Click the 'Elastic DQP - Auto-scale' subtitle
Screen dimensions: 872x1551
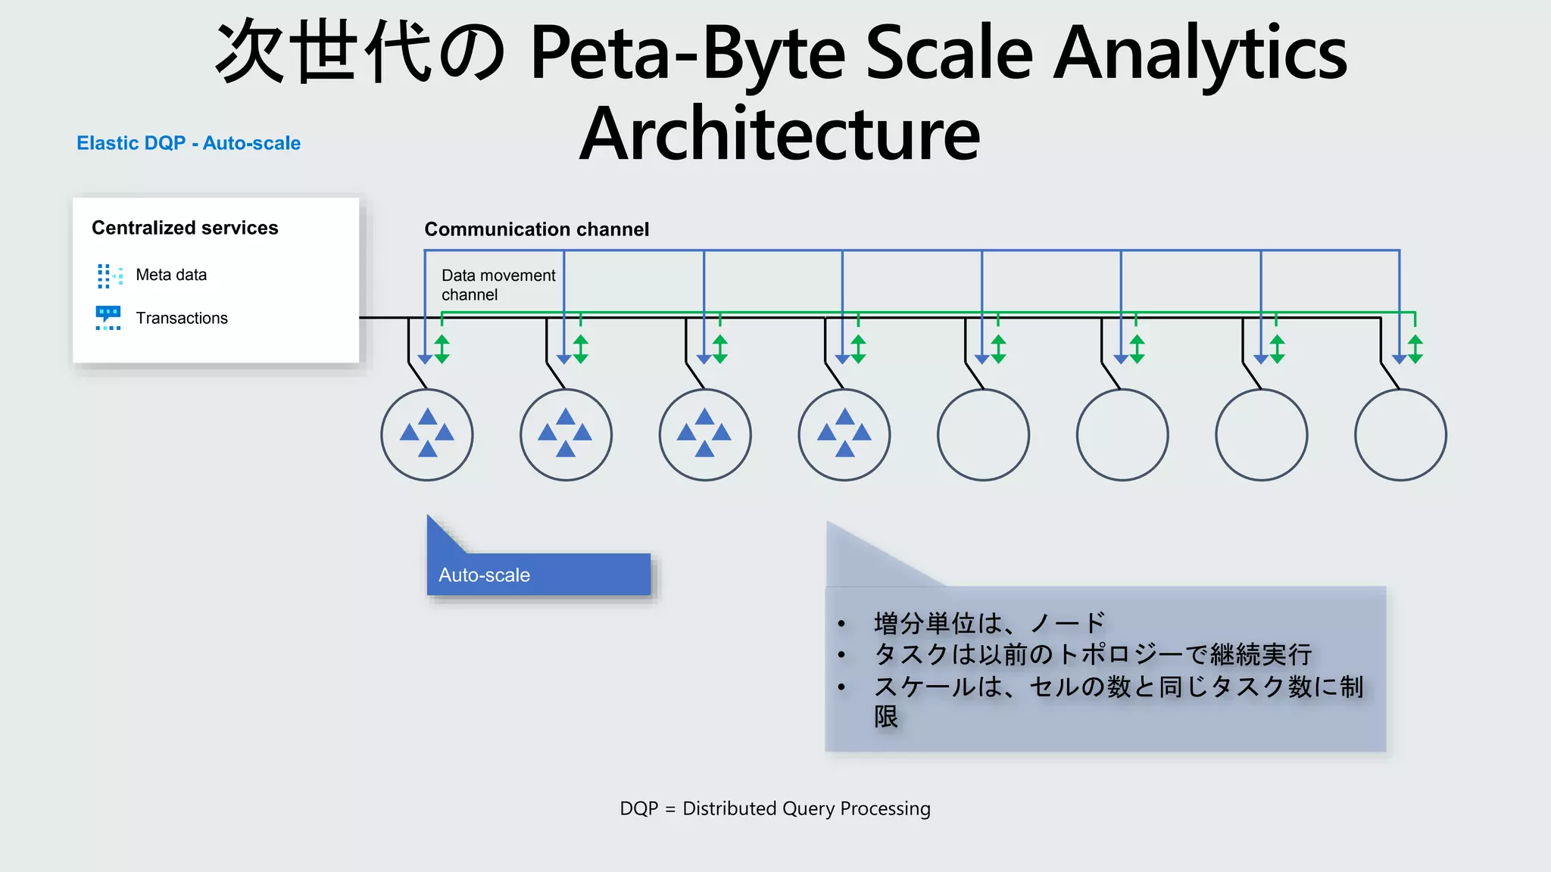pos(189,143)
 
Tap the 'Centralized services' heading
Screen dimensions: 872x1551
pos(185,228)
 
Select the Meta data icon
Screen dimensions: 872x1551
pos(109,276)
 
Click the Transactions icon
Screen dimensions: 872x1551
pos(108,318)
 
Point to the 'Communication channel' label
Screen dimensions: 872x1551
pos(536,229)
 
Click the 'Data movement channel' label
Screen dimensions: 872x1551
pos(498,285)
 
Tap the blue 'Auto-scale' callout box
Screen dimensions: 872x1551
pos(538,575)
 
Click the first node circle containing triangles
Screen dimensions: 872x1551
pos(427,434)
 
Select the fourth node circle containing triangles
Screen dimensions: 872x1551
pos(844,434)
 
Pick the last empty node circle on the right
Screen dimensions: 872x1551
pos(1400,434)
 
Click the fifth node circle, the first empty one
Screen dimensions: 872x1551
pos(983,434)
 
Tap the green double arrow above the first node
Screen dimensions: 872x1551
pos(442,349)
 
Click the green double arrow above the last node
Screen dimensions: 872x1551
pos(1415,349)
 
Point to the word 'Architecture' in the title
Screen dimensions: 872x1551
pos(779,134)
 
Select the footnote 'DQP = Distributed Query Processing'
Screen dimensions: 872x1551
pos(775,808)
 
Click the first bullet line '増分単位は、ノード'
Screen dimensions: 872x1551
pos(989,623)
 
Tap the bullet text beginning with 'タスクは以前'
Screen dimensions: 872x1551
pos(1092,654)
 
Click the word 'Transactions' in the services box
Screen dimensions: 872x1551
pos(182,318)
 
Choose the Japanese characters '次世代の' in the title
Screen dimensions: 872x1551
pos(360,53)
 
